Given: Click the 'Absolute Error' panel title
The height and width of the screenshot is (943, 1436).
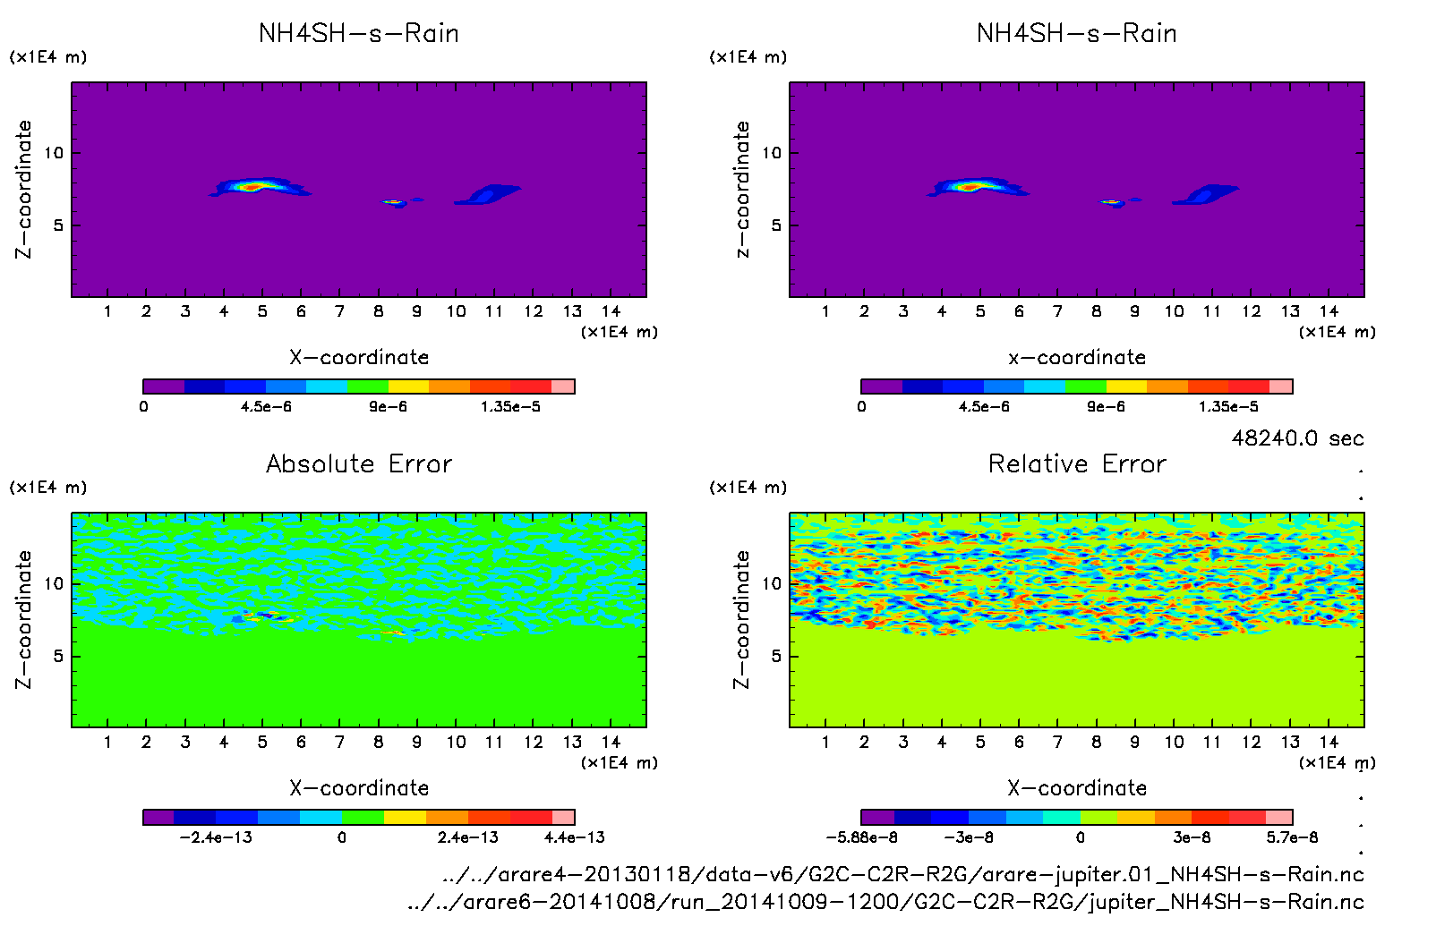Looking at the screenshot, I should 359,463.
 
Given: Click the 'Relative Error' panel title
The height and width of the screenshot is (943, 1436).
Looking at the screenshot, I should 1077,463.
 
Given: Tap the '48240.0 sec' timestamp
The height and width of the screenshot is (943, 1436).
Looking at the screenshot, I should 1297,438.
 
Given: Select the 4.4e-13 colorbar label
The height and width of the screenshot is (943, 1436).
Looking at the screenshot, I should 574,837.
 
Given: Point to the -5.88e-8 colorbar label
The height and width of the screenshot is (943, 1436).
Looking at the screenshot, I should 861,837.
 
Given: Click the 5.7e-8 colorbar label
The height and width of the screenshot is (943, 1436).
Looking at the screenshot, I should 1292,837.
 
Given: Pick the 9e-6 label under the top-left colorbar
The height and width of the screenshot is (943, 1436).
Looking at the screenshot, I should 388,406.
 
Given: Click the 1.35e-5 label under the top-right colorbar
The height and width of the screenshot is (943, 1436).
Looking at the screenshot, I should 1228,406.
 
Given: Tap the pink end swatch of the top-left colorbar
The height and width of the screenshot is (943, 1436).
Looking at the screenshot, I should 563,387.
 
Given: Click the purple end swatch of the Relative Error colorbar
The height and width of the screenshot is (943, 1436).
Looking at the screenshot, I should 877,817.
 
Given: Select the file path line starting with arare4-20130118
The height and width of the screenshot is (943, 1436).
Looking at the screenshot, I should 902,874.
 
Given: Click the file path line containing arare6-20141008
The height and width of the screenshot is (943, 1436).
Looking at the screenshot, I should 885,901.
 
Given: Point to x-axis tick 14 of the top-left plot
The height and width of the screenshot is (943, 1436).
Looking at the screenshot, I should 611,311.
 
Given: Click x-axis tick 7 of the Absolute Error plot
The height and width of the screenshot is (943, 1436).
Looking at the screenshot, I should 339,742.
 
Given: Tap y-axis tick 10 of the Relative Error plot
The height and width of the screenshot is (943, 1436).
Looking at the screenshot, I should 771,583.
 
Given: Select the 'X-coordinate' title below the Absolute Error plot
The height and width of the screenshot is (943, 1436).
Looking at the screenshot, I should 359,787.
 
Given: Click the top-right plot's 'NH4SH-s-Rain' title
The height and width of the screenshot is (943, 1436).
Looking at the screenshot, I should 1076,34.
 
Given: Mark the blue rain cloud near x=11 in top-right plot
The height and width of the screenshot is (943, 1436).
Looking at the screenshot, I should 1207,194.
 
